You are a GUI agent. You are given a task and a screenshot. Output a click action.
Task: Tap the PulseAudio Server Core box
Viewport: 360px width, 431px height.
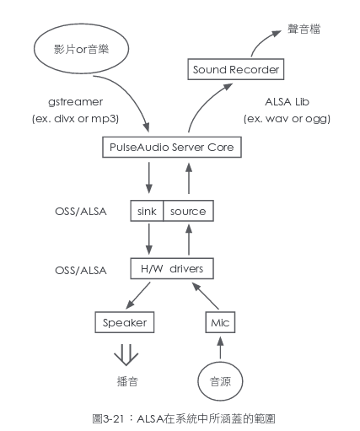point(173,148)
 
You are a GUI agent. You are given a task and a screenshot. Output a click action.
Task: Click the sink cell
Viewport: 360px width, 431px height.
point(146,211)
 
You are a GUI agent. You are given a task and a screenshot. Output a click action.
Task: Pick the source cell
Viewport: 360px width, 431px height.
point(187,211)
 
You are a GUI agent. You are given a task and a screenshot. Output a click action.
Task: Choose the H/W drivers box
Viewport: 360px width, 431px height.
point(171,269)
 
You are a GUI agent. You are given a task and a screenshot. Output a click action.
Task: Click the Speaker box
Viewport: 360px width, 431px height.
point(125,322)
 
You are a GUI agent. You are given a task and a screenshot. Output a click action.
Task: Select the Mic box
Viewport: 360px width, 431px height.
point(220,322)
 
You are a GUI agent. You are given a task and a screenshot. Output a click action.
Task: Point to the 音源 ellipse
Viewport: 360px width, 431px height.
point(220,381)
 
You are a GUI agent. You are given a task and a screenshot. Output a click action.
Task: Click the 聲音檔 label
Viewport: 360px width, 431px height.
point(304,30)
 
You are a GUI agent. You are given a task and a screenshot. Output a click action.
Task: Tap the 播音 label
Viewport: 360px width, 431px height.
point(126,381)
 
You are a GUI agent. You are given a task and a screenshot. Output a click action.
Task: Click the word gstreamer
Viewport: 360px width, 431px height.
point(75,101)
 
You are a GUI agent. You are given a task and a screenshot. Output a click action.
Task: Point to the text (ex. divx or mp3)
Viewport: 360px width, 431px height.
point(75,118)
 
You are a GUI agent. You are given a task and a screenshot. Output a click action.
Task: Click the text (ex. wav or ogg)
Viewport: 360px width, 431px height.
point(287,118)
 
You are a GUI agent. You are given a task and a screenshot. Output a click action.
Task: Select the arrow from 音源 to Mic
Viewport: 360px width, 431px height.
point(220,348)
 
